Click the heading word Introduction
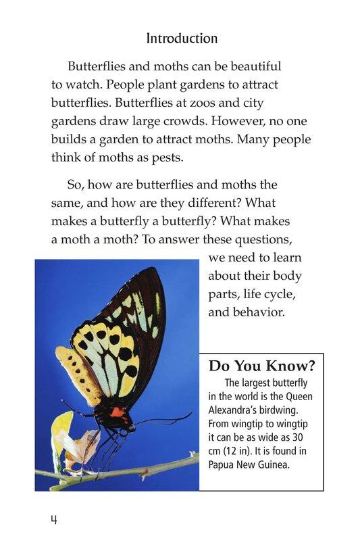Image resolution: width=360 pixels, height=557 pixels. pos(182,39)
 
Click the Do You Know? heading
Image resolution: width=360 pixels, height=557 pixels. pos(262,367)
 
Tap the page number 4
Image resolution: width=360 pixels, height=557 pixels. pos(53,520)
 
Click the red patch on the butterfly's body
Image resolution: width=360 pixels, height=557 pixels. pos(117,412)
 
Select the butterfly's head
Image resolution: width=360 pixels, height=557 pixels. pos(129,427)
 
